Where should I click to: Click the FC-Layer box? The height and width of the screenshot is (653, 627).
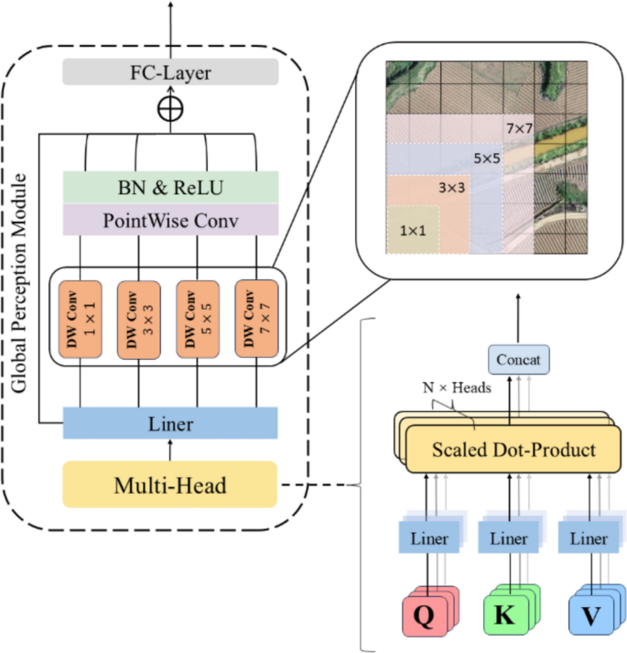[x=170, y=71]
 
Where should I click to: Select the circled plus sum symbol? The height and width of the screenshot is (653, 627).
[x=170, y=108]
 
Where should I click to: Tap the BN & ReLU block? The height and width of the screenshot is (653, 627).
[x=170, y=187]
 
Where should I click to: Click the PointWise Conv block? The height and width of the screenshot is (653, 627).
[x=170, y=219]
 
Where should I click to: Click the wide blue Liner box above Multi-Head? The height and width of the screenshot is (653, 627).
[x=170, y=423]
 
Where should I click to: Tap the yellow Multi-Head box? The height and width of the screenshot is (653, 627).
[x=170, y=484]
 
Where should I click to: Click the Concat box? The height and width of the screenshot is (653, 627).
[x=519, y=359]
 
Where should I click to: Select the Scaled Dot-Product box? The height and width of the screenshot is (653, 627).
[x=513, y=450]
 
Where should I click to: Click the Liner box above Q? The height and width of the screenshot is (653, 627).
[x=429, y=539]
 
